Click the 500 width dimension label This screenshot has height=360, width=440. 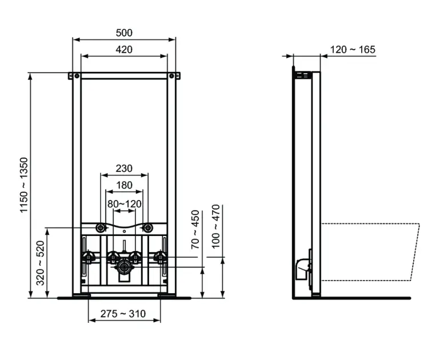(124, 33)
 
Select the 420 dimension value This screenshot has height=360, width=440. (124, 50)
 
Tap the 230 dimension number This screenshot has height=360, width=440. (124, 169)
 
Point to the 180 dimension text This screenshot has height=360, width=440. (124, 185)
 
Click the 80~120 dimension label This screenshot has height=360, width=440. (125, 204)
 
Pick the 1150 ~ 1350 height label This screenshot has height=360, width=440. (24, 185)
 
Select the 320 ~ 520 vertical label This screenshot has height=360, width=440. (41, 263)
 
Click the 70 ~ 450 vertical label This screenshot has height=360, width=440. (195, 230)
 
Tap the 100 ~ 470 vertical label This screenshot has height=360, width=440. (215, 227)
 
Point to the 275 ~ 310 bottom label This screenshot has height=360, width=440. (123, 314)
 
